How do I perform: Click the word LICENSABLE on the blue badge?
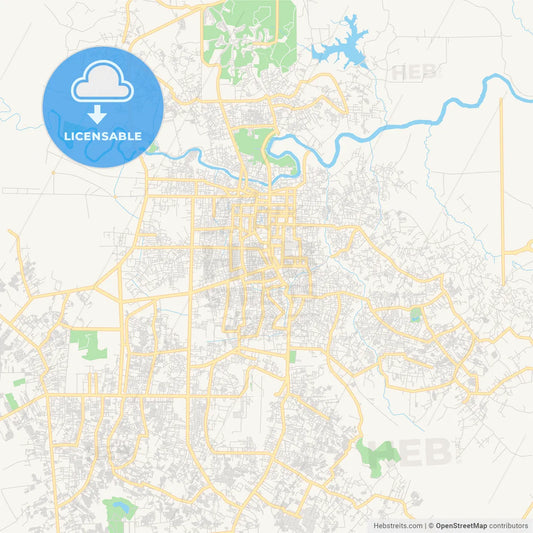(x=103, y=135)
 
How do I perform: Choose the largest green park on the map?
(x=250, y=35)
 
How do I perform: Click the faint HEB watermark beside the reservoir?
(x=413, y=72)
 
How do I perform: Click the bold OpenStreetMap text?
(x=461, y=524)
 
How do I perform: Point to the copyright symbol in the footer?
(x=430, y=524)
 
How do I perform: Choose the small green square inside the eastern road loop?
(x=415, y=315)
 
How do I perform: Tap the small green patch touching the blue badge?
(x=152, y=149)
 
